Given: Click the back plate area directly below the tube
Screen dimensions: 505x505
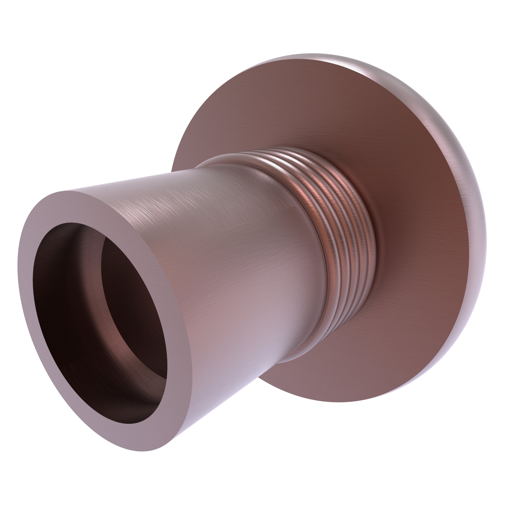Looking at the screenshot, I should pos(301,379).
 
